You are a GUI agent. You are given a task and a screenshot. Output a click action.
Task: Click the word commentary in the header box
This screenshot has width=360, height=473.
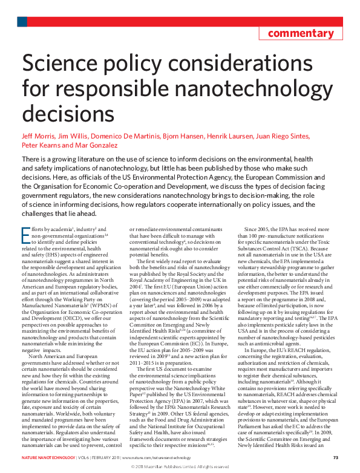pyautogui.click(x=301, y=33)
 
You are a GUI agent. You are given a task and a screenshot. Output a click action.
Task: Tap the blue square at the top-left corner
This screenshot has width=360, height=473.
pyautogui.click(x=21, y=22)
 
